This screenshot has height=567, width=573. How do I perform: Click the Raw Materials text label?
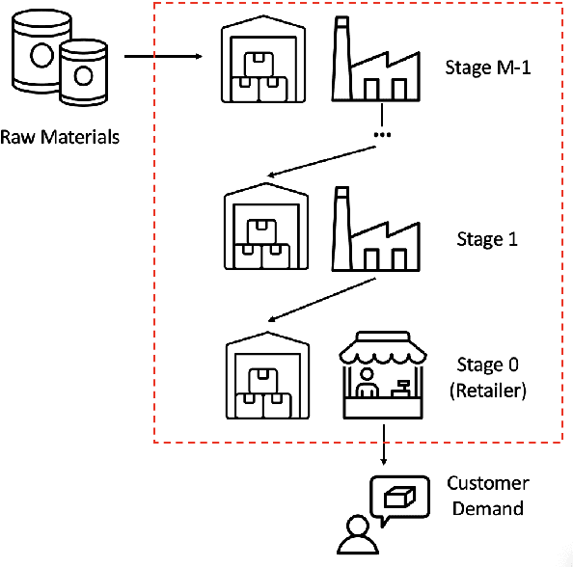coord(60,136)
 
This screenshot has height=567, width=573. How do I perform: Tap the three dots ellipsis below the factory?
coord(382,133)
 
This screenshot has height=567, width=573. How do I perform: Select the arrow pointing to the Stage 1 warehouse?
coord(321,161)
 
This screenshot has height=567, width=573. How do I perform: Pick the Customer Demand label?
coord(487,496)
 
